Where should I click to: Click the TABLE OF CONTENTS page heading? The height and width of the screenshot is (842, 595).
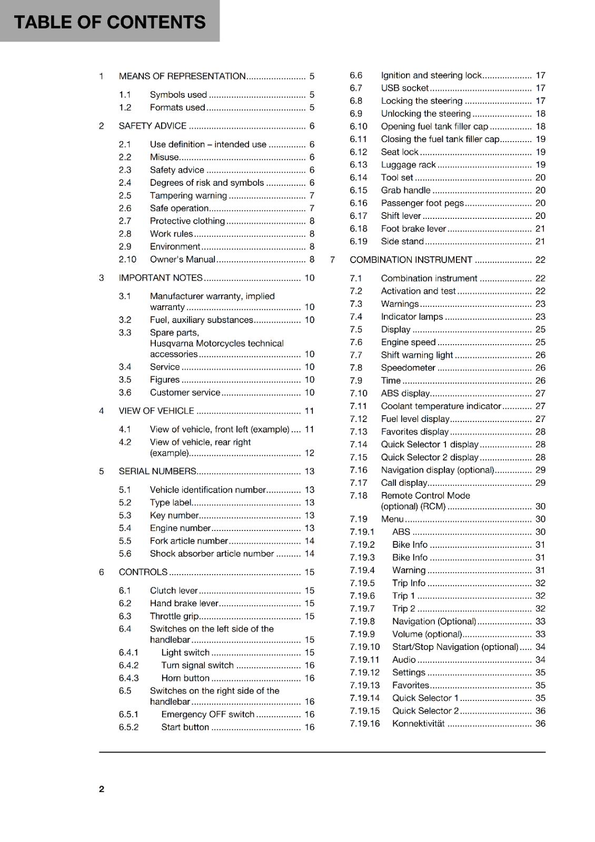tap(110, 22)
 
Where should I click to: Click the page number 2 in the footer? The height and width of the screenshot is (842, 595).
tap(102, 789)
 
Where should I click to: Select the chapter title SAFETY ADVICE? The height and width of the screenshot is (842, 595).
tap(153, 126)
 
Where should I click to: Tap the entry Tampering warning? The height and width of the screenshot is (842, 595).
tap(188, 195)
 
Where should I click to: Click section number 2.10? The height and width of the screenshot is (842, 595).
tap(127, 259)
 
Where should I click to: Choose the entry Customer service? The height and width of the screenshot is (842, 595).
tap(185, 393)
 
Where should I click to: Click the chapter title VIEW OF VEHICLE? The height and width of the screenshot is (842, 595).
tap(156, 411)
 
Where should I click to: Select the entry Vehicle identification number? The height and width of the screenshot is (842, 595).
tap(207, 490)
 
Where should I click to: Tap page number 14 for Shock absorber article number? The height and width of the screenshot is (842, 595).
tap(310, 554)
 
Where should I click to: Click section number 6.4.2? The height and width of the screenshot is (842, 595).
tap(128, 665)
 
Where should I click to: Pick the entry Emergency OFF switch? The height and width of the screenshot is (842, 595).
tap(207, 714)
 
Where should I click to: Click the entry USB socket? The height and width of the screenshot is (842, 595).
tap(404, 88)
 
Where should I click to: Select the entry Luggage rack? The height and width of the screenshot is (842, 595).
tap(408, 165)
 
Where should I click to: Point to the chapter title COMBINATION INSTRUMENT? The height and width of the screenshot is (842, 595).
tap(411, 260)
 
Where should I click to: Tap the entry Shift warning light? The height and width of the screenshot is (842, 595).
tap(417, 355)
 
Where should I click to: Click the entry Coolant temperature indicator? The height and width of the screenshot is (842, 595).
tap(441, 406)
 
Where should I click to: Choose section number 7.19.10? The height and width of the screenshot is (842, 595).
tap(364, 647)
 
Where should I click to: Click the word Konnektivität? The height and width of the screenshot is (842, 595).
tap(419, 724)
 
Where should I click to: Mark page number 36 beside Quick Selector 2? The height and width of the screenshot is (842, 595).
tap(540, 711)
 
